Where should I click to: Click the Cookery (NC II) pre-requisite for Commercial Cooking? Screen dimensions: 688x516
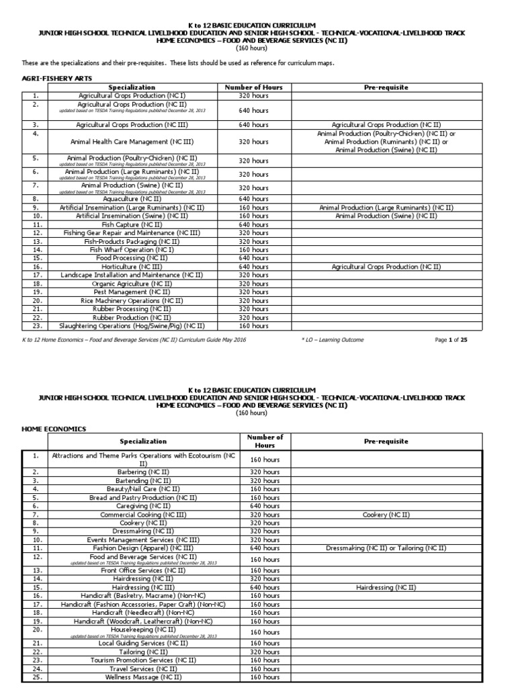point(386,514)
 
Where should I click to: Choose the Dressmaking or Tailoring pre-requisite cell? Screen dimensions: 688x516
point(386,548)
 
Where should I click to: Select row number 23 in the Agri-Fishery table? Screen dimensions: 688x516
point(35,325)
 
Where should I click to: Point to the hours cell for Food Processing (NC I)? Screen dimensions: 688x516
point(253,258)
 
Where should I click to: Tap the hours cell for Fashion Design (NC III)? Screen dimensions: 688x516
point(265,548)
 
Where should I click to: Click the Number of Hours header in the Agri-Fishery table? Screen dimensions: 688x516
point(253,87)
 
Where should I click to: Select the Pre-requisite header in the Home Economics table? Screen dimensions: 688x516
point(386,441)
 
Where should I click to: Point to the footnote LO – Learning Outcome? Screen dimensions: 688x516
point(333,340)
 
